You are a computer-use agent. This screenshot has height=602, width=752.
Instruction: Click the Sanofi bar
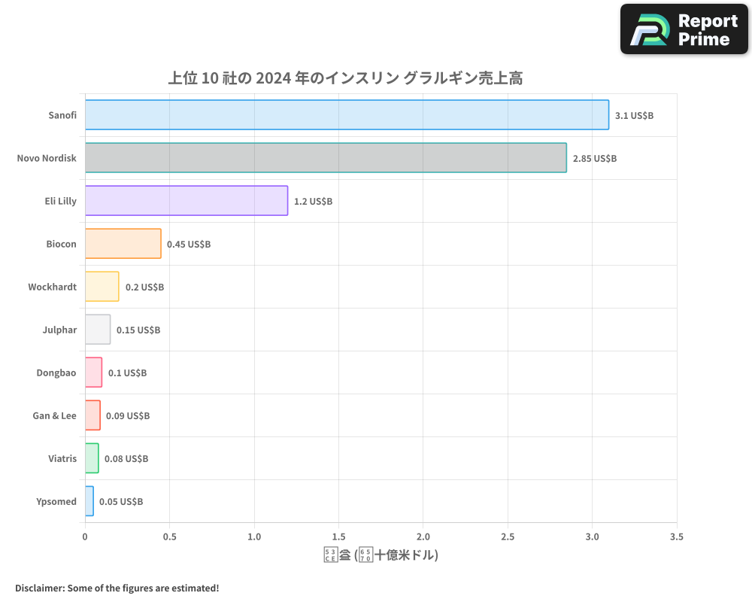tap(347, 114)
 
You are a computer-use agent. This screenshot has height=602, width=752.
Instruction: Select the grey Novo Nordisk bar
tap(326, 157)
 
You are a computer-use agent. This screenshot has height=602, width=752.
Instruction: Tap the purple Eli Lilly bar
tap(186, 200)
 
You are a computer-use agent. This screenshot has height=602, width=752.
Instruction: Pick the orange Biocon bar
tap(123, 243)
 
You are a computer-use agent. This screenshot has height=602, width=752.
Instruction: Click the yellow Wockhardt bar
tap(102, 286)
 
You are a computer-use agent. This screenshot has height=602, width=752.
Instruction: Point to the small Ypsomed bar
tap(89, 500)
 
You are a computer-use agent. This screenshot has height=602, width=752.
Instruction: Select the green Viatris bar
tap(92, 458)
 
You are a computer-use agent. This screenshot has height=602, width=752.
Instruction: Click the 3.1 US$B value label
tap(634, 115)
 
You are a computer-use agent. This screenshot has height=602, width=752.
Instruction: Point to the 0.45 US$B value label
tap(189, 244)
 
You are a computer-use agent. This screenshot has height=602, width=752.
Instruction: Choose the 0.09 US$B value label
tap(128, 415)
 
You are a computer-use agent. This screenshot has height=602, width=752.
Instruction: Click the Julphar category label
tap(59, 330)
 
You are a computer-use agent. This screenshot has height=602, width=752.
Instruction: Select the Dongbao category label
tap(56, 372)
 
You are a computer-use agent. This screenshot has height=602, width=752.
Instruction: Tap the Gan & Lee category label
tap(54, 415)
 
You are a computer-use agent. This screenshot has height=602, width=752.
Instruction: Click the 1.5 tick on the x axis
tap(338, 537)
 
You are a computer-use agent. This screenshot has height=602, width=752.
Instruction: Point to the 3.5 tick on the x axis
tap(676, 537)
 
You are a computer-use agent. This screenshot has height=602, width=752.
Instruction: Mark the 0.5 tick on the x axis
tap(169, 537)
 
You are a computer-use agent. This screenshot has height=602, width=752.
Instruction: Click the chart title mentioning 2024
tap(345, 78)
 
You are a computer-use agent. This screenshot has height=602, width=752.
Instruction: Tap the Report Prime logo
tap(684, 29)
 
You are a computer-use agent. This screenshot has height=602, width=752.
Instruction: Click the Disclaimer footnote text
tap(117, 588)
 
